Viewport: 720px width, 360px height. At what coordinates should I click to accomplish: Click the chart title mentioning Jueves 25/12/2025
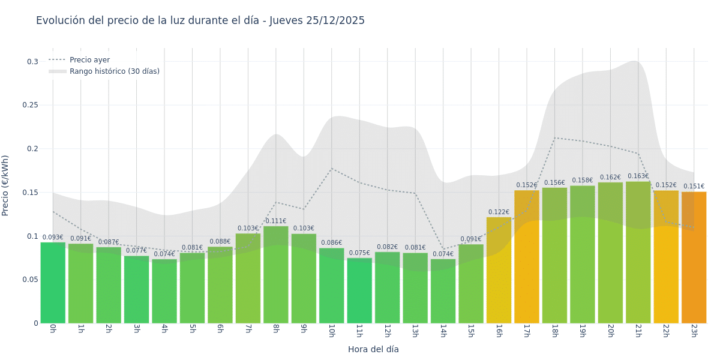pyautogui.click(x=200, y=21)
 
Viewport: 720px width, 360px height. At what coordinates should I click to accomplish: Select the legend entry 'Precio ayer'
pyautogui.click(x=89, y=60)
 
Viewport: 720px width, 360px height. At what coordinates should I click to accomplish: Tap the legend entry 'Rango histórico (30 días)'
pyautogui.click(x=114, y=71)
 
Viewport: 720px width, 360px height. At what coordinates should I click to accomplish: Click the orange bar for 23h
pyautogui.click(x=694, y=258)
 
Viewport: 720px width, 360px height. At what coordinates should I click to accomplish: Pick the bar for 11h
pyautogui.click(x=359, y=291)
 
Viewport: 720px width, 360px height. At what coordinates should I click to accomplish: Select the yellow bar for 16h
pyautogui.click(x=499, y=270)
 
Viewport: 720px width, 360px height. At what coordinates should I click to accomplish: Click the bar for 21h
pyautogui.click(x=638, y=252)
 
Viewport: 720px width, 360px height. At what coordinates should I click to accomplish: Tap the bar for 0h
pyautogui.click(x=53, y=282)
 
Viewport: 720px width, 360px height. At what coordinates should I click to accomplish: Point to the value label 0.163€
pyautogui.click(x=638, y=176)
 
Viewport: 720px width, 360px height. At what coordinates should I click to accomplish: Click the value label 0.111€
pyautogui.click(x=276, y=221)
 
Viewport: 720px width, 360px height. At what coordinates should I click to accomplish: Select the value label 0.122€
pyautogui.click(x=499, y=212)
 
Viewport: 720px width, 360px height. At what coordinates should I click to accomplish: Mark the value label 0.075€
pyautogui.click(x=359, y=253)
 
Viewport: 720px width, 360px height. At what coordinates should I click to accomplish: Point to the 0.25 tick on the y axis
pyautogui.click(x=30, y=105)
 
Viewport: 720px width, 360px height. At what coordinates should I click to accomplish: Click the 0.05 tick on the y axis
pyautogui.click(x=30, y=280)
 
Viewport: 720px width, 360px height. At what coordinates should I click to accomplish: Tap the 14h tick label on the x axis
pyautogui.click(x=443, y=331)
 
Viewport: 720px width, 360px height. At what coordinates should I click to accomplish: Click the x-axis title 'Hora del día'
pyautogui.click(x=373, y=349)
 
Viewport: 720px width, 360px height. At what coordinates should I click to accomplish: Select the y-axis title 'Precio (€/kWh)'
pyautogui.click(x=5, y=185)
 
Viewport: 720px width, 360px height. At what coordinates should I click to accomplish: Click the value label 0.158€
pyautogui.click(x=582, y=181)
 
